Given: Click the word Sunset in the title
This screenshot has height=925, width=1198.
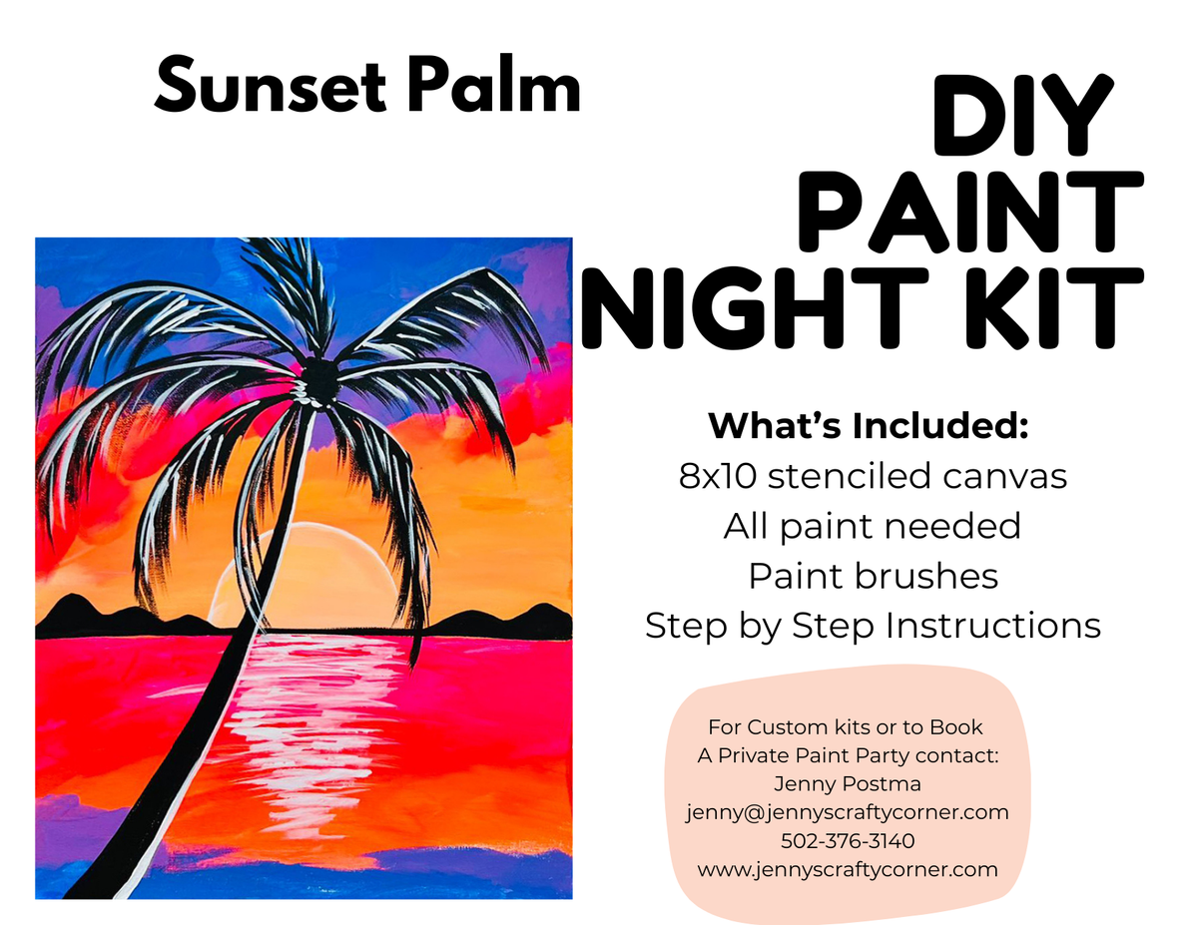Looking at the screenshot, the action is tap(271, 87).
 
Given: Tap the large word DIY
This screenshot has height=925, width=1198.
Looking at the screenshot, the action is tap(1022, 114).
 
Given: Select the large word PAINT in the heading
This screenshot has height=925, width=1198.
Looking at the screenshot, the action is tap(969, 213).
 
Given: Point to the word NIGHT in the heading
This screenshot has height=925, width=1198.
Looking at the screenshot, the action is tap(755, 308).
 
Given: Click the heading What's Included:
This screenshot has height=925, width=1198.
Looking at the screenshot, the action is tap(869, 426).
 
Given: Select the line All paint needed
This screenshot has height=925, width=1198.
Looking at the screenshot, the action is tap(873, 527).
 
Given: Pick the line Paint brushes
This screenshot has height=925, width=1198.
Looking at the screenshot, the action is tap(873, 577).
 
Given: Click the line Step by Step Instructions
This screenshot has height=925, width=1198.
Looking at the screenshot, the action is tap(873, 627).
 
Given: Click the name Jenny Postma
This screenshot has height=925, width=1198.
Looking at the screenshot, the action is tap(848, 783).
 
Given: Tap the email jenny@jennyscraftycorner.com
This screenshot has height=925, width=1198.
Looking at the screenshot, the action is tap(848, 812).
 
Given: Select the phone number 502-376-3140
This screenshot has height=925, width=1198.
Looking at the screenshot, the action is tap(848, 841).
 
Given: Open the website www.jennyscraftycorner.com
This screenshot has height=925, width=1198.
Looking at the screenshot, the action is tap(848, 870).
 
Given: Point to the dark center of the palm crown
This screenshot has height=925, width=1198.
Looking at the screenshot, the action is tap(319, 379).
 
